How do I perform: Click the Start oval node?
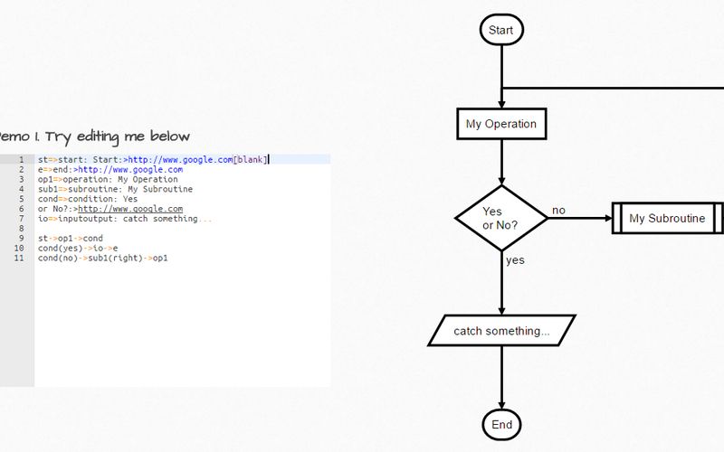[500, 30]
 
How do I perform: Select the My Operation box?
[501, 124]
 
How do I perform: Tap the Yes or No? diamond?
[500, 217]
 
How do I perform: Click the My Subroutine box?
[667, 218]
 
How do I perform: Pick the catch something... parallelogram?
[501, 331]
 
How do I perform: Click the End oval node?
[501, 424]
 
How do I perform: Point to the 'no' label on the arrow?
[558, 211]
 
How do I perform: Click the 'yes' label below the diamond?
[515, 260]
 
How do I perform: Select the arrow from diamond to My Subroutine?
[579, 218]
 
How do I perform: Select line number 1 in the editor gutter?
[19, 160]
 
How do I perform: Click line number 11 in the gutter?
[19, 259]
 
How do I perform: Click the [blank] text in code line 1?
[250, 160]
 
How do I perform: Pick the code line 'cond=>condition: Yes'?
[88, 199]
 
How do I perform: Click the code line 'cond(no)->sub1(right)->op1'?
[102, 259]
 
